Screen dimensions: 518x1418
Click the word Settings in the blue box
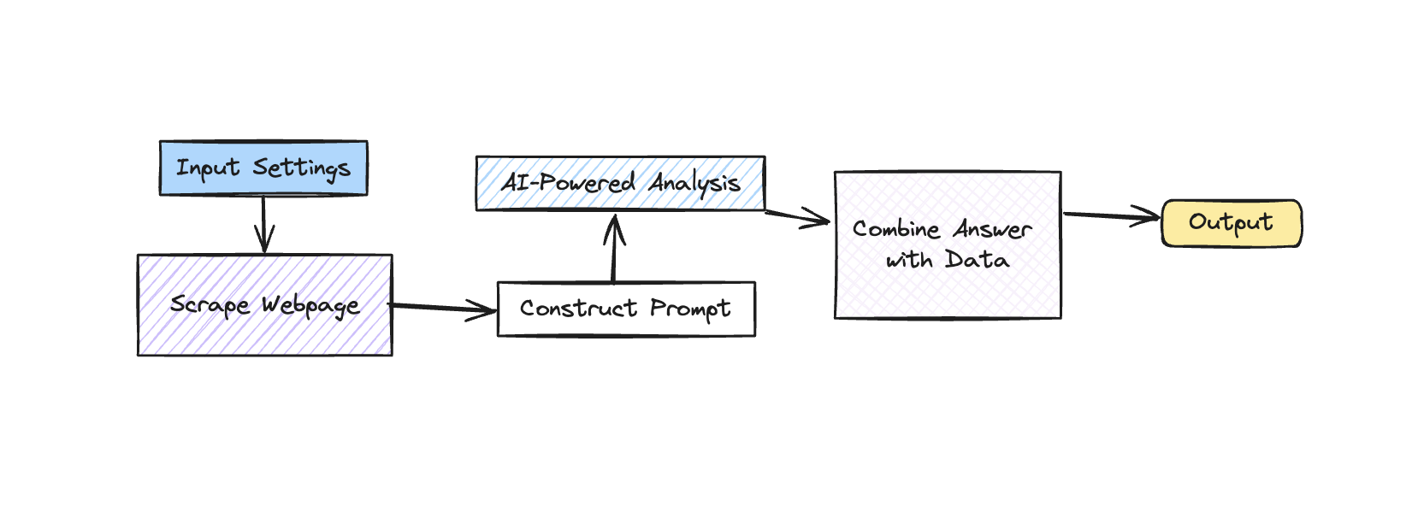click(x=301, y=168)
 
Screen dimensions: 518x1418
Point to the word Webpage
click(x=310, y=306)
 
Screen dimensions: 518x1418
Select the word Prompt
click(x=689, y=309)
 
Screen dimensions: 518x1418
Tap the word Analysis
click(x=694, y=183)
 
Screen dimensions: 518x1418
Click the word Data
click(x=977, y=260)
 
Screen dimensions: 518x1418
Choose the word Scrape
click(x=210, y=305)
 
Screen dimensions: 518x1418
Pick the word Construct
click(x=578, y=309)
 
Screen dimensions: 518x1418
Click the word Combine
click(x=896, y=229)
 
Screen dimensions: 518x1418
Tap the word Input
click(x=207, y=168)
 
